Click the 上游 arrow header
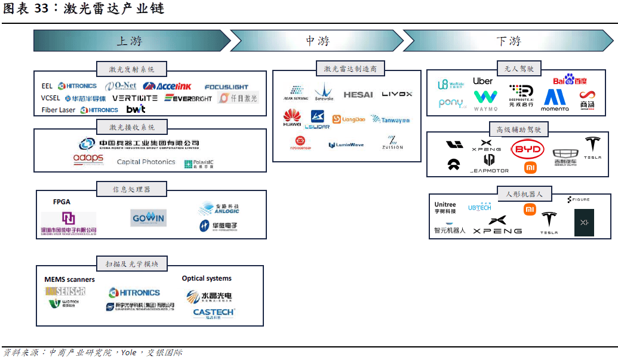pyautogui.click(x=130, y=41)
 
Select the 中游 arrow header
pyautogui.click(x=317, y=41)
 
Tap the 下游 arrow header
pyautogui.click(x=509, y=41)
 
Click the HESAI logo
pyautogui.click(x=358, y=94)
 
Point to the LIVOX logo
pyautogui.click(x=397, y=94)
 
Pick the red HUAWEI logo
pyautogui.click(x=292, y=118)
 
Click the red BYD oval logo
pyautogui.click(x=527, y=149)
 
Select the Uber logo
pyautogui.click(x=482, y=81)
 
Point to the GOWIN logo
pyautogui.click(x=149, y=218)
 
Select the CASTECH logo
pyautogui.click(x=214, y=312)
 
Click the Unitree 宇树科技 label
pyautogui.click(x=445, y=208)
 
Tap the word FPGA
pyautogui.click(x=62, y=202)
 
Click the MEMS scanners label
pyautogui.click(x=69, y=279)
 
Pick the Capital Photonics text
pyautogui.click(x=146, y=162)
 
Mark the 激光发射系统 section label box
pyautogui.click(x=131, y=69)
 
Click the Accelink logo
pyautogui.click(x=167, y=87)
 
